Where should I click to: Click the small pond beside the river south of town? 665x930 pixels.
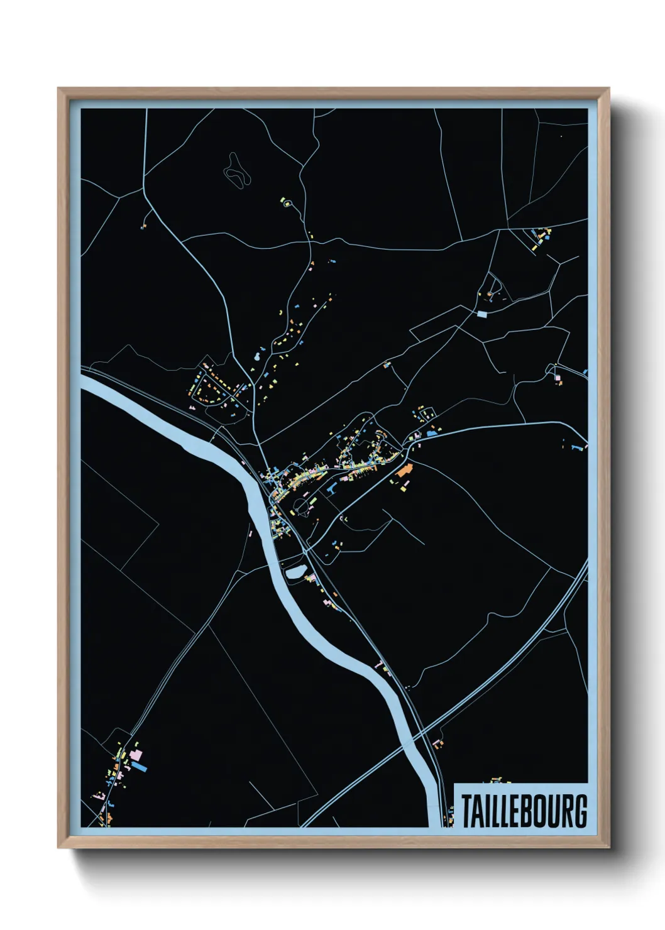(294, 572)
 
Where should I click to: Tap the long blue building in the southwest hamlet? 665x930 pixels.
(139, 767)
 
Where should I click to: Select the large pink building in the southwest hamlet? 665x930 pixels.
(135, 753)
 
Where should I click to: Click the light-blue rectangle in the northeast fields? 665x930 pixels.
(482, 314)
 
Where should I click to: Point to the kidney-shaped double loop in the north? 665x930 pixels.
(236, 169)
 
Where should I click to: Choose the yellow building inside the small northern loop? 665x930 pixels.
(289, 203)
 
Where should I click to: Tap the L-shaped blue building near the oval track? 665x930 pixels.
(332, 487)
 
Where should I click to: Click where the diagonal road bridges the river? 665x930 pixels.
(412, 742)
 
